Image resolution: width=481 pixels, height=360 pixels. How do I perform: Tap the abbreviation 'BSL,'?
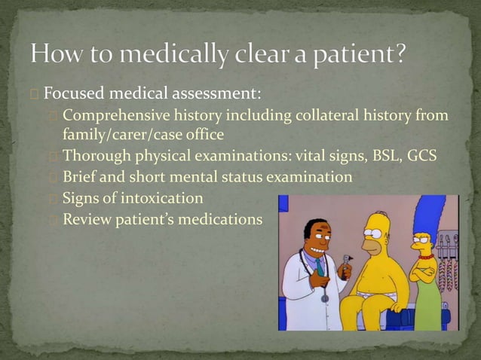[x=384, y=156]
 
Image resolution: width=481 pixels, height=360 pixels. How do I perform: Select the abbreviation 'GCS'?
[x=423, y=156]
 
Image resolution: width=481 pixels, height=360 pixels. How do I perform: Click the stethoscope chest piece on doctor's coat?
[x=324, y=298]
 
